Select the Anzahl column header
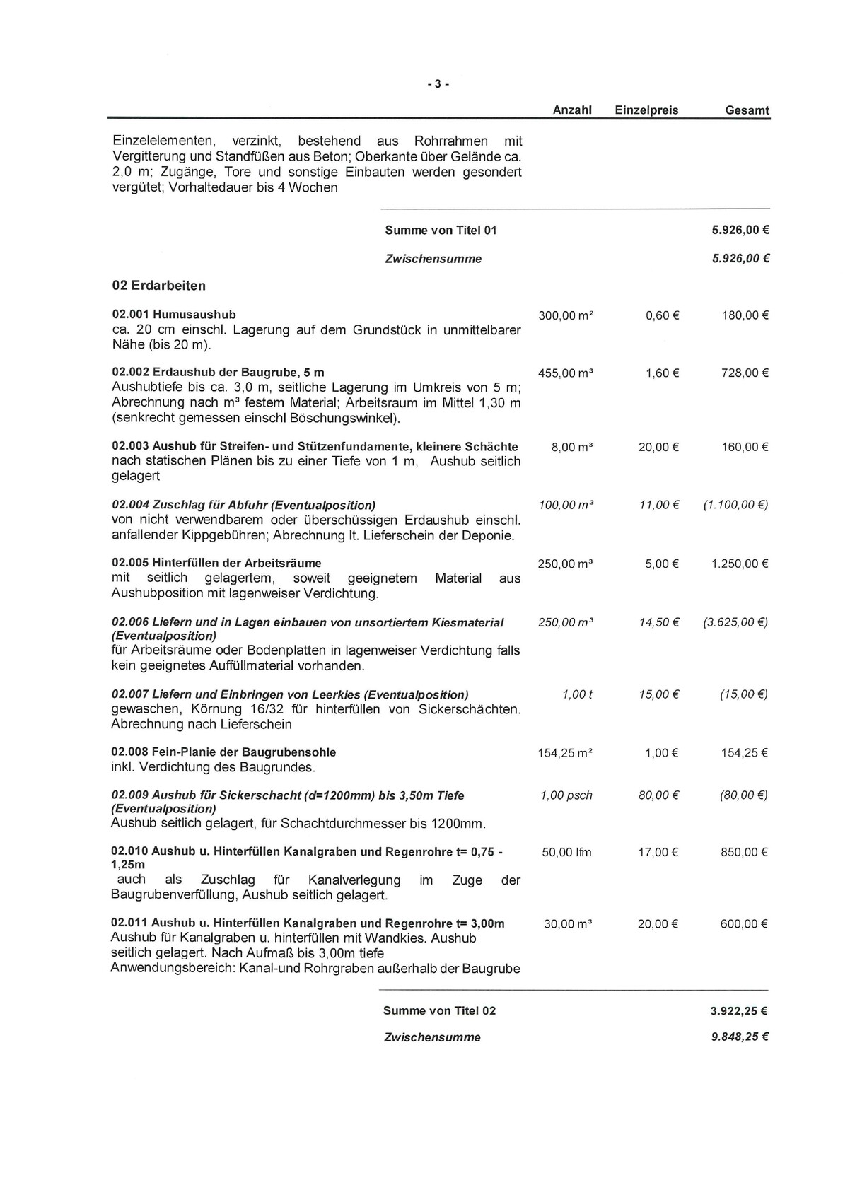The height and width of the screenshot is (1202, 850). (x=571, y=110)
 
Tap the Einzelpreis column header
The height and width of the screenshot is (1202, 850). (x=646, y=110)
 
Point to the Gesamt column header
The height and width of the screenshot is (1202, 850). (x=747, y=110)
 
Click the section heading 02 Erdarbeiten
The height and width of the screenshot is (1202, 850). (x=159, y=286)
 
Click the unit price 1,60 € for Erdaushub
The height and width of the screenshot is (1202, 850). (x=662, y=373)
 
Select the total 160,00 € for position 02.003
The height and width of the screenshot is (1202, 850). (x=745, y=447)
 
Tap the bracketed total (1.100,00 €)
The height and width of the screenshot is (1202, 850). (x=735, y=505)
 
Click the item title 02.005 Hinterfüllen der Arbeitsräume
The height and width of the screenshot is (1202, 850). (x=217, y=563)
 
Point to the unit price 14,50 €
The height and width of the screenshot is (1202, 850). (x=658, y=622)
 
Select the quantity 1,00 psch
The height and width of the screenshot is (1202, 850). (x=566, y=795)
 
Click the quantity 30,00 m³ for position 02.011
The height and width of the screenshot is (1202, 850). (x=567, y=923)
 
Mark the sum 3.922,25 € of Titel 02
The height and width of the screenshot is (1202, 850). (x=740, y=1011)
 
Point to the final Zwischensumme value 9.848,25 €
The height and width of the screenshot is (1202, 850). (x=740, y=1037)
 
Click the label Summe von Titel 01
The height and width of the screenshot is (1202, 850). (x=441, y=231)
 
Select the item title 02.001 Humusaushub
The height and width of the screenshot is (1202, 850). (x=174, y=314)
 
